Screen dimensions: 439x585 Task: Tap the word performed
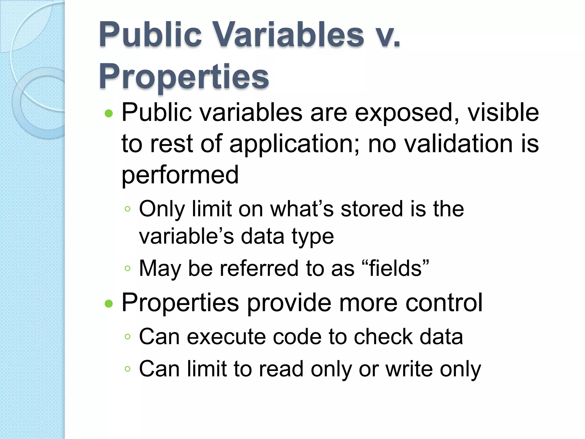(180, 175)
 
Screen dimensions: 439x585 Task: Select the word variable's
(186, 237)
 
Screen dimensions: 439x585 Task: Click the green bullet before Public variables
(109, 114)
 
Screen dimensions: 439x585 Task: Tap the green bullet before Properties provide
(109, 304)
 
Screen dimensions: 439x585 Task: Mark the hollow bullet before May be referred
(128, 268)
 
